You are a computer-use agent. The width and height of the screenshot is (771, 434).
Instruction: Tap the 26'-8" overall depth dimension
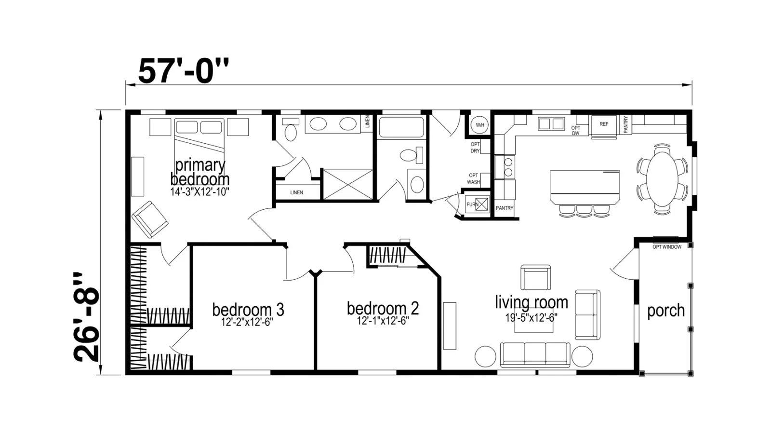pyautogui.click(x=86, y=317)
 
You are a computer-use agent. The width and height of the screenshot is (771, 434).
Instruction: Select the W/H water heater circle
pyautogui.click(x=480, y=125)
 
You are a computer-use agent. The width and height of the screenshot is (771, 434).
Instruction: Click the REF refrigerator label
pyautogui.click(x=604, y=124)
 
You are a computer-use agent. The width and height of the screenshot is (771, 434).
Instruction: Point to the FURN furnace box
pyautogui.click(x=477, y=204)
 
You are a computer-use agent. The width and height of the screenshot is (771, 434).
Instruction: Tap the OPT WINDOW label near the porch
pyautogui.click(x=667, y=247)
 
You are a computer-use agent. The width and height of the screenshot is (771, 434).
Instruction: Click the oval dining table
pyautogui.click(x=662, y=179)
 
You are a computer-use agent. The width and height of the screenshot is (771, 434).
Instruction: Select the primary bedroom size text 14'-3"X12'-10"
pyautogui.click(x=199, y=192)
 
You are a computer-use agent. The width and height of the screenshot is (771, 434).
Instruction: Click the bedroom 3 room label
pyautogui.click(x=248, y=309)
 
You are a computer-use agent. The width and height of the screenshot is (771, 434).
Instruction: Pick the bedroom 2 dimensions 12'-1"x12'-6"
pyautogui.click(x=383, y=321)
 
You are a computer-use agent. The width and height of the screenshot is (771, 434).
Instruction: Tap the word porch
pyautogui.click(x=665, y=311)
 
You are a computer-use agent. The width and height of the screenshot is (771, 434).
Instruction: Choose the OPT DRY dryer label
pyautogui.click(x=475, y=148)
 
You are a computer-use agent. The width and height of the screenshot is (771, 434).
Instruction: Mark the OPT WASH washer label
pyautogui.click(x=473, y=179)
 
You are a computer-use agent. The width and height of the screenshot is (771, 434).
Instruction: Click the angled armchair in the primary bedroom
pyautogui.click(x=150, y=219)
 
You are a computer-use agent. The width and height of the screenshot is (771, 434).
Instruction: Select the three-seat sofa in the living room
pyautogui.click(x=535, y=355)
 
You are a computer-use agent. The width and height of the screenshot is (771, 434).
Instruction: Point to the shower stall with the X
pyautogui.click(x=348, y=184)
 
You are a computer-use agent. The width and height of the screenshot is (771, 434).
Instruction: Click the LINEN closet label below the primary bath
pyautogui.click(x=296, y=192)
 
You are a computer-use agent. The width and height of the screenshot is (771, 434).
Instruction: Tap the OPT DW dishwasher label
pyautogui.click(x=575, y=131)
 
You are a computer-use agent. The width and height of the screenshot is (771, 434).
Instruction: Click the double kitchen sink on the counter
pyautogui.click(x=551, y=123)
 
